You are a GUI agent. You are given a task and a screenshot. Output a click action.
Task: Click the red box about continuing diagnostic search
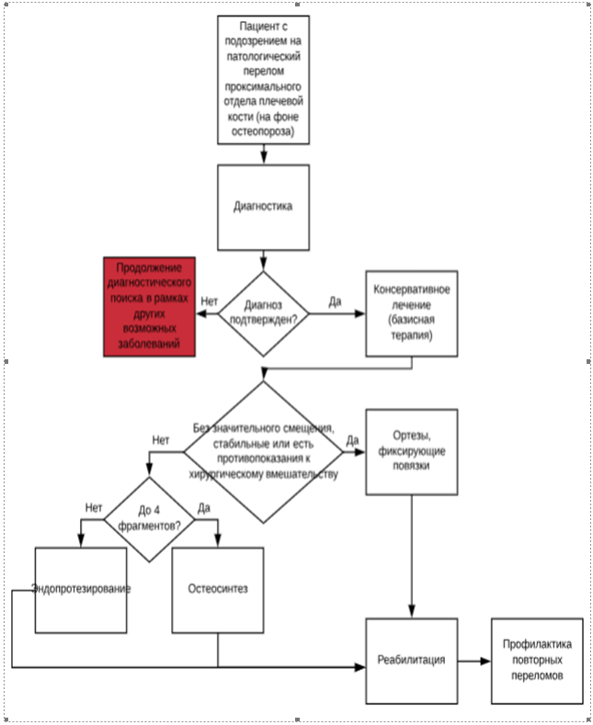click(150, 305)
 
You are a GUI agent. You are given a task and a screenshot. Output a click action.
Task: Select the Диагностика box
click(263, 207)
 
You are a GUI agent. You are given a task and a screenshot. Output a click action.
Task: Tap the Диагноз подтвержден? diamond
click(263, 313)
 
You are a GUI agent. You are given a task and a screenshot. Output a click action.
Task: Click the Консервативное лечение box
click(411, 312)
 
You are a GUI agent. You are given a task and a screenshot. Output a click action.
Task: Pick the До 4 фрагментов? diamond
click(149, 520)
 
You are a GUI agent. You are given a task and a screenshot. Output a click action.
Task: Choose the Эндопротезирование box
click(81, 589)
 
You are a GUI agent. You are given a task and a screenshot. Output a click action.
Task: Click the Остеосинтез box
click(218, 589)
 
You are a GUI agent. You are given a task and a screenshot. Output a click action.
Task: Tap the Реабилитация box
click(411, 660)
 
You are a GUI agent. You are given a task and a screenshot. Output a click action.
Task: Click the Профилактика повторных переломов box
click(537, 660)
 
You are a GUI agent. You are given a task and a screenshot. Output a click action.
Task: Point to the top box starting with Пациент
click(263, 79)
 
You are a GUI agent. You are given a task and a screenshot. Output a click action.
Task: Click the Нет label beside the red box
click(210, 300)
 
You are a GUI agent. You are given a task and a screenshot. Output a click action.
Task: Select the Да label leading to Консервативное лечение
click(335, 300)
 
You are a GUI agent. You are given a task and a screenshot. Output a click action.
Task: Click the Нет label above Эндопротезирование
click(93, 507)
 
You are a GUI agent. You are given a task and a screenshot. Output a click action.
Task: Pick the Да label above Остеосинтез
click(204, 507)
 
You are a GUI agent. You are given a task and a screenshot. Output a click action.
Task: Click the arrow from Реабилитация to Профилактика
click(473, 660)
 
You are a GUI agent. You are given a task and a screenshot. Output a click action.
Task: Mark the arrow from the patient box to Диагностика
click(263, 154)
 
